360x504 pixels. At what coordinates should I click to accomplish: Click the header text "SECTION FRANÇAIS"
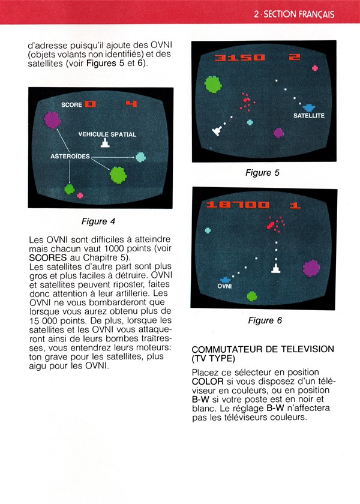click(299, 14)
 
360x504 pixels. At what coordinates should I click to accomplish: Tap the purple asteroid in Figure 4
click(52, 120)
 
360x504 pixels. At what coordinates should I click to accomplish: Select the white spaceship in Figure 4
click(105, 143)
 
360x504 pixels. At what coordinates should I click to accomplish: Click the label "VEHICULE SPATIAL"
click(107, 134)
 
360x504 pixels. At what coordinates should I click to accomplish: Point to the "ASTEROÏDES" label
click(70, 156)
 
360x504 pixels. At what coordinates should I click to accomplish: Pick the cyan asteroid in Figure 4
click(140, 157)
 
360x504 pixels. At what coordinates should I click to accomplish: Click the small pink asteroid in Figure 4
click(80, 195)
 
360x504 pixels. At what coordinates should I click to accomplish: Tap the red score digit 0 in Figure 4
click(91, 104)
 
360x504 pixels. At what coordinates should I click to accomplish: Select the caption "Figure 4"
click(98, 221)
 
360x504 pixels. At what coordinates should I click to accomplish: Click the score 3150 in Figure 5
click(239, 58)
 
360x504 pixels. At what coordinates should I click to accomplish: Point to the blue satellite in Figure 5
click(309, 107)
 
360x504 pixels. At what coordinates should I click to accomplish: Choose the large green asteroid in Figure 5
click(213, 84)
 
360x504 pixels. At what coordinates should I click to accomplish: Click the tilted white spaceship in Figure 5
click(217, 131)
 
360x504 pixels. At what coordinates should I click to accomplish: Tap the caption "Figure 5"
click(262, 173)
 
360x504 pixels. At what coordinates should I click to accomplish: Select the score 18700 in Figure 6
click(238, 205)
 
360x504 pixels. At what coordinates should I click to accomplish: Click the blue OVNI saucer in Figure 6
click(225, 280)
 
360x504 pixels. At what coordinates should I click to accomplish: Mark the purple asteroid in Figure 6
click(311, 268)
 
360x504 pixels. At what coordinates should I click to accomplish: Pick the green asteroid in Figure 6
click(252, 296)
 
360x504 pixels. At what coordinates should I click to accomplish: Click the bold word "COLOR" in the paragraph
click(208, 382)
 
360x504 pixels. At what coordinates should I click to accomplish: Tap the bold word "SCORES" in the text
click(48, 257)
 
